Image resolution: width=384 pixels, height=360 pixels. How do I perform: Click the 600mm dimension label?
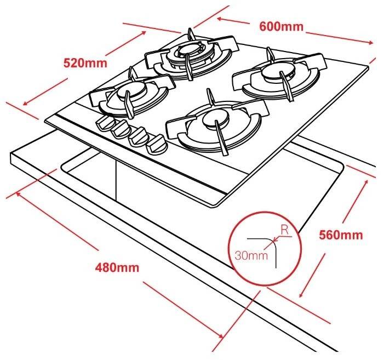tap(281, 26)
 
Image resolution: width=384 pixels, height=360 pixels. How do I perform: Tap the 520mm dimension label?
tap(85, 63)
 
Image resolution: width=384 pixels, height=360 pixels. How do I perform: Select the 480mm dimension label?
tap(117, 267)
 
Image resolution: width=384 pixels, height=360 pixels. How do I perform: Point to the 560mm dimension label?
tap(341, 235)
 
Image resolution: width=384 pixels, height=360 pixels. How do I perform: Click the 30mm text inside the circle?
tap(251, 256)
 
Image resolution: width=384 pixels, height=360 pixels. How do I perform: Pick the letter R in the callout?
tap(284, 230)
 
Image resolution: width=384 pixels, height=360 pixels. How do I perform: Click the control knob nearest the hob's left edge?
tap(105, 123)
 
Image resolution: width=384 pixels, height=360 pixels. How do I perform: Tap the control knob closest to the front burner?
tap(157, 145)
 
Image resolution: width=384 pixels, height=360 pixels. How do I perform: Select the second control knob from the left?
tap(121, 130)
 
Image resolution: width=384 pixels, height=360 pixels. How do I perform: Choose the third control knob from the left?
tap(139, 137)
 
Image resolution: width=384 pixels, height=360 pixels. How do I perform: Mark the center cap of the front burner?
tap(216, 119)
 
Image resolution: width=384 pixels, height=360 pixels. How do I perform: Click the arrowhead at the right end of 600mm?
tap(370, 43)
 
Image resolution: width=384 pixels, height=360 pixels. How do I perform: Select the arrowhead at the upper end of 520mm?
tap(143, 33)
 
